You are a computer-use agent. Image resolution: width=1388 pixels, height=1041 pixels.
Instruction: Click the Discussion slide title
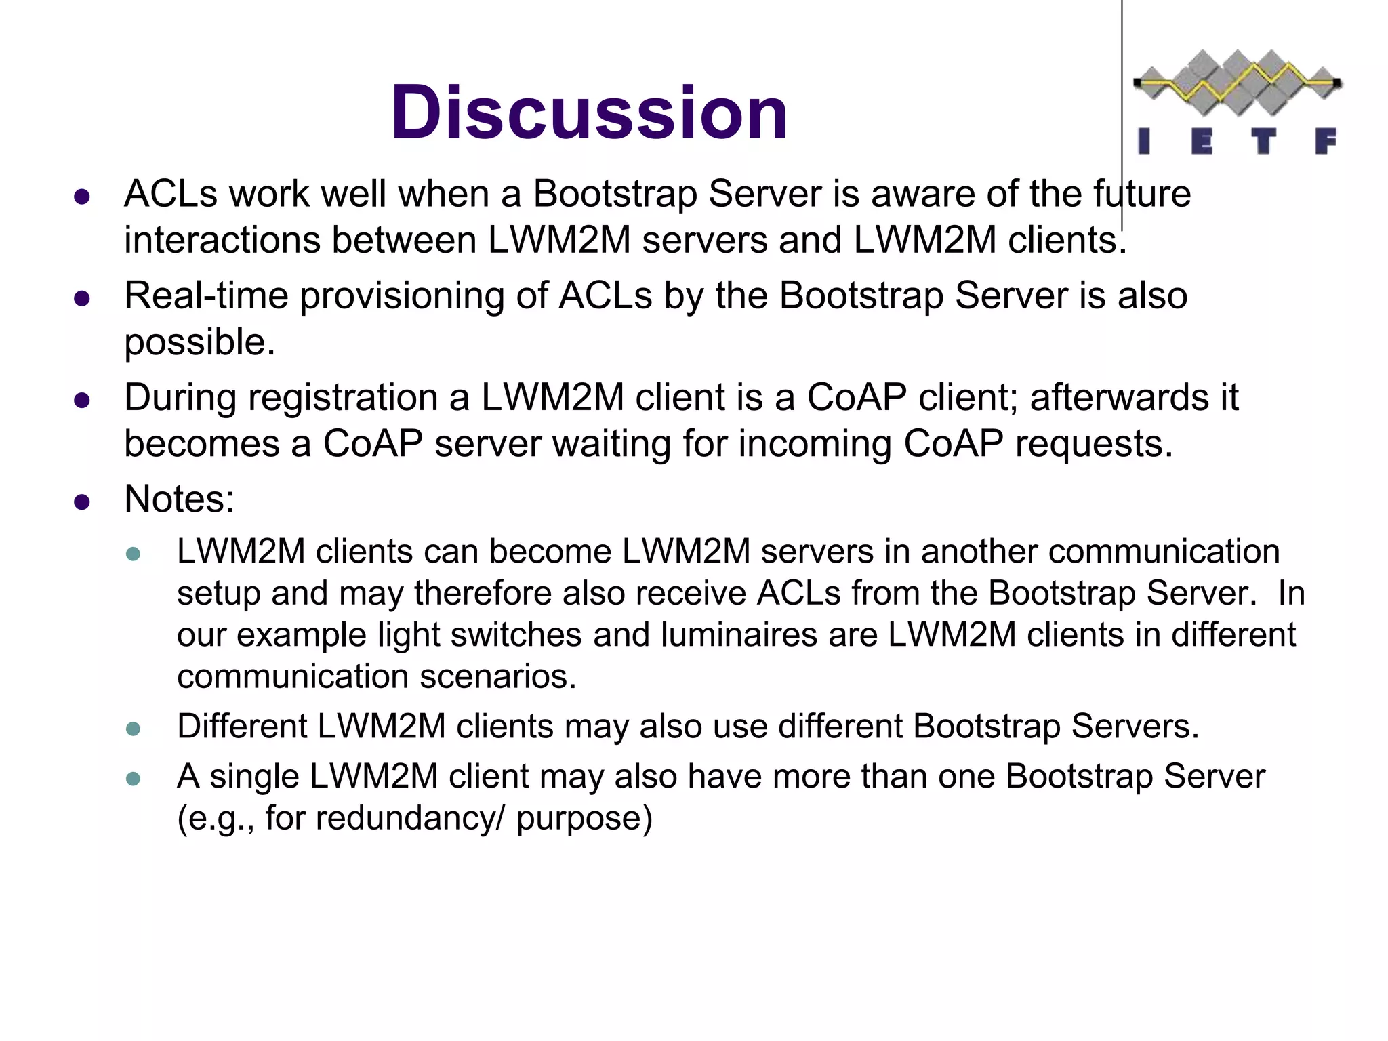589,113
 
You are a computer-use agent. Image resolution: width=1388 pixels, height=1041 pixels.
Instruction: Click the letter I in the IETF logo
1144,141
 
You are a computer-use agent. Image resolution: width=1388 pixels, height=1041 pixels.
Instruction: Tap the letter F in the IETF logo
1325,141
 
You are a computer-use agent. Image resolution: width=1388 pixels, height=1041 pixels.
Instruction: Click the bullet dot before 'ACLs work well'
82,197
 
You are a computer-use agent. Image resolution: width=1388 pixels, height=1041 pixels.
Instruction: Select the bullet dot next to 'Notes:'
82,502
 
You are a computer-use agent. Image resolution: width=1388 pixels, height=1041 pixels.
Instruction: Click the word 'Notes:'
180,499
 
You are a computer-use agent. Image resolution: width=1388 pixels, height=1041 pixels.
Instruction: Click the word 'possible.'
199,342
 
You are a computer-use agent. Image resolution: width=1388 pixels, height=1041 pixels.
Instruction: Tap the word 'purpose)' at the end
584,818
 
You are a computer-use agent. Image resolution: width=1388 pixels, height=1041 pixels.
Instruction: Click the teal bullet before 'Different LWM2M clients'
134,729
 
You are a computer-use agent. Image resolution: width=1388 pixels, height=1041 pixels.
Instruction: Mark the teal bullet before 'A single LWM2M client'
134,779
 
